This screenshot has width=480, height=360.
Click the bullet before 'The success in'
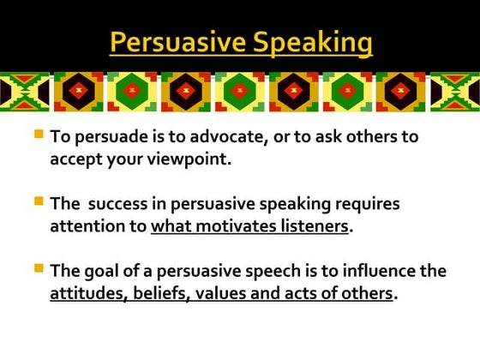(x=39, y=201)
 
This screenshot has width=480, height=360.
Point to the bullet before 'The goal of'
(x=39, y=268)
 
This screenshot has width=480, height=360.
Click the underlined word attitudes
(x=84, y=293)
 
